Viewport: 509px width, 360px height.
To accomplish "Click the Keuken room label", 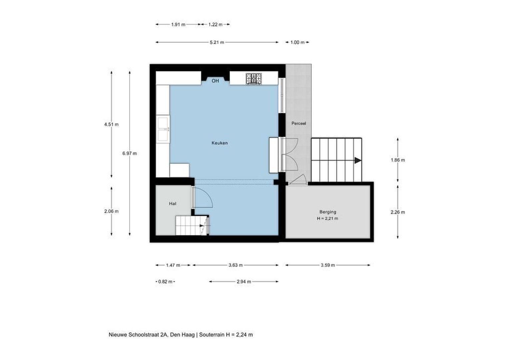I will pos(220,143).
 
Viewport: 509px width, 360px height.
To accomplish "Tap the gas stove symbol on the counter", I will pos(254,79).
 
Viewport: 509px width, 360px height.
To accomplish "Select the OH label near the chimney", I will pos(215,81).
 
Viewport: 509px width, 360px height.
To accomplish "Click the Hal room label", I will pos(173,204).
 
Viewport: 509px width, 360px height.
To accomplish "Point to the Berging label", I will pos(328,212).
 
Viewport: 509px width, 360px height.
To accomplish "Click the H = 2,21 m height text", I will pos(328,219).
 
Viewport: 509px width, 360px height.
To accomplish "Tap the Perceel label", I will pos(298,123).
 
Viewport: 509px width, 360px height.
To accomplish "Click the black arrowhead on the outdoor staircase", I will pos(358,160).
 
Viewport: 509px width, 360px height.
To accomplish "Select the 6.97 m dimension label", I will pos(129,153).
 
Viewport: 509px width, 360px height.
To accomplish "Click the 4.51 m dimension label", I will pos(111,124).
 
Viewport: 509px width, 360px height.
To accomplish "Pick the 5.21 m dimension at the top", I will pos(217,42).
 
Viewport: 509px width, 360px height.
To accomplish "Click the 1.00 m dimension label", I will pos(297,42).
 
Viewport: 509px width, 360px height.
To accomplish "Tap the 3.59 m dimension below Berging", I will pos(328,265).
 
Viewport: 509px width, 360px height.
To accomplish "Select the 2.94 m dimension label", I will pos(244,281).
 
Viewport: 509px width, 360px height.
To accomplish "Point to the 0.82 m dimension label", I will pos(165,281).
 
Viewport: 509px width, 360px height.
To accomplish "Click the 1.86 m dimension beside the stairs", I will pos(398,160).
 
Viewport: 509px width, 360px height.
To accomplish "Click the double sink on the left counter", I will pos(163,129).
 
